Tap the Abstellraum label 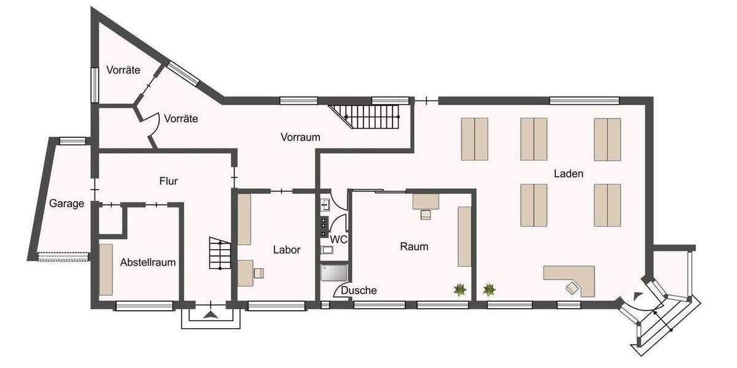[148, 263]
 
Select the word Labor [287, 250]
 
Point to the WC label [339, 239]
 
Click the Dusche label [359, 291]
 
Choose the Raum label [414, 247]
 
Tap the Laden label [568, 174]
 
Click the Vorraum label [300, 137]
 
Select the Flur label [168, 181]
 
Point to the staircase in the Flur [218, 253]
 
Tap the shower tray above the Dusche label [335, 274]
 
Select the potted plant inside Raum [459, 289]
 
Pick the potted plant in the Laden [489, 289]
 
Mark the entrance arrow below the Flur [210, 315]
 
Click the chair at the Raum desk [425, 215]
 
